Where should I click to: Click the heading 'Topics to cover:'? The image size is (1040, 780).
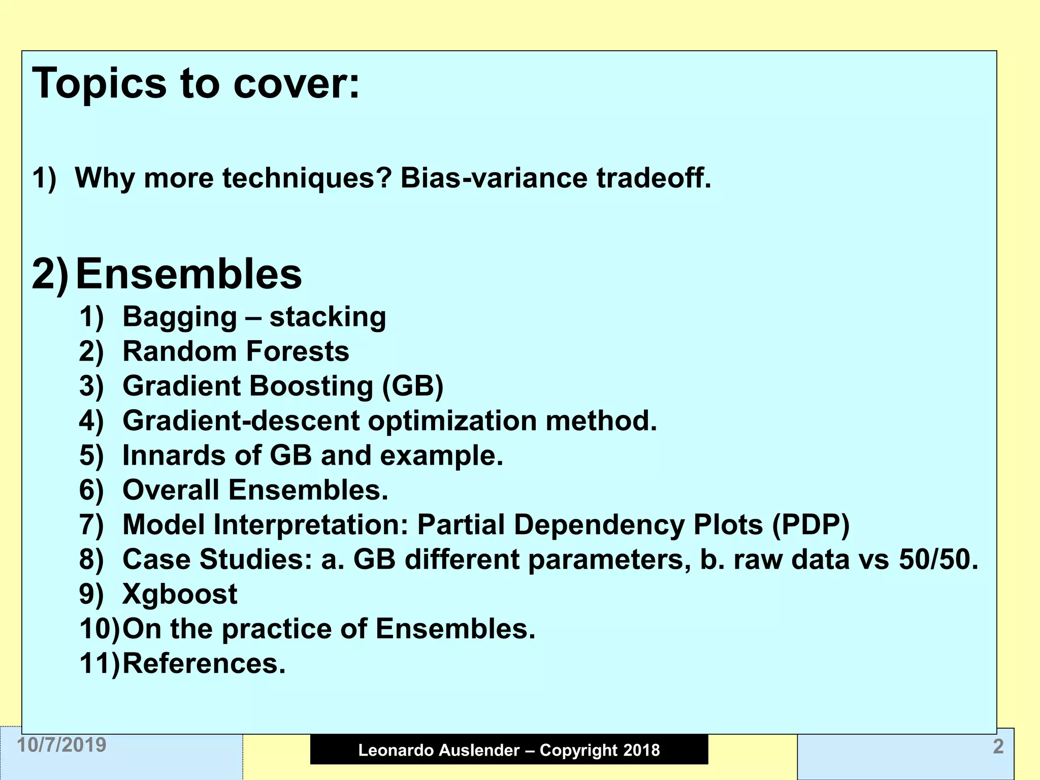[196, 84]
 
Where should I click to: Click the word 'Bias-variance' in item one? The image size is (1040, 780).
[493, 178]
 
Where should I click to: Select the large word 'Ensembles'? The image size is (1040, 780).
[188, 274]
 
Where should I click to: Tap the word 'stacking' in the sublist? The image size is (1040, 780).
[328, 317]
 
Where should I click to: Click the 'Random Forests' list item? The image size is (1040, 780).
[236, 351]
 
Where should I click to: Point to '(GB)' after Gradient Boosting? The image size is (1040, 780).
[412, 386]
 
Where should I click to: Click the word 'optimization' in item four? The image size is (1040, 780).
[452, 421]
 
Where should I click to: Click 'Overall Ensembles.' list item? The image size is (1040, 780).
[255, 490]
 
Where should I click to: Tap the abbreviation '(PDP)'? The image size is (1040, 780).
[810, 525]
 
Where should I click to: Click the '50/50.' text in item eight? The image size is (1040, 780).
[938, 560]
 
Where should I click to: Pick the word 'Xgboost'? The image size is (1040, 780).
[180, 594]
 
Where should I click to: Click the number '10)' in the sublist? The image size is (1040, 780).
[100, 629]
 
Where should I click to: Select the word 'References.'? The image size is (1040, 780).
[204, 663]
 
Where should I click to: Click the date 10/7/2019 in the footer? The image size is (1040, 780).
[62, 745]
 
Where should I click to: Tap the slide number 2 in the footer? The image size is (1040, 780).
[998, 746]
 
